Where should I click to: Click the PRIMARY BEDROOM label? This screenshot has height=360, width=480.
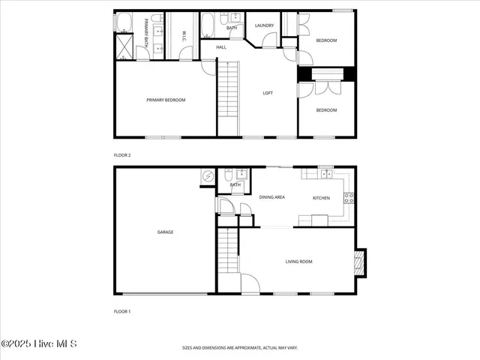point(166,100)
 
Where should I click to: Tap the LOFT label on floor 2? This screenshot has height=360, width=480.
point(268,93)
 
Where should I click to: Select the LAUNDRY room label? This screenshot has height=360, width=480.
point(264,25)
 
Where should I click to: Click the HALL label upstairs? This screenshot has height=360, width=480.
point(221,47)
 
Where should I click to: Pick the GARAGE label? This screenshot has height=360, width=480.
point(165,232)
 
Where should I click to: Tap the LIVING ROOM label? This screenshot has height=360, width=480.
point(298,262)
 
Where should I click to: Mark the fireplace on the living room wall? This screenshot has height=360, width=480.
point(361,262)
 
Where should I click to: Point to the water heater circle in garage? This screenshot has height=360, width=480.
point(208,176)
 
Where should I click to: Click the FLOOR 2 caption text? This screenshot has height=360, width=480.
point(122,155)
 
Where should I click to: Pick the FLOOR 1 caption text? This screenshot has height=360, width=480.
point(122,310)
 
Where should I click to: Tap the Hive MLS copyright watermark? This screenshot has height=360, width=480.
point(39,344)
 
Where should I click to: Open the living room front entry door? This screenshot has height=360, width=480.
point(250,284)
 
